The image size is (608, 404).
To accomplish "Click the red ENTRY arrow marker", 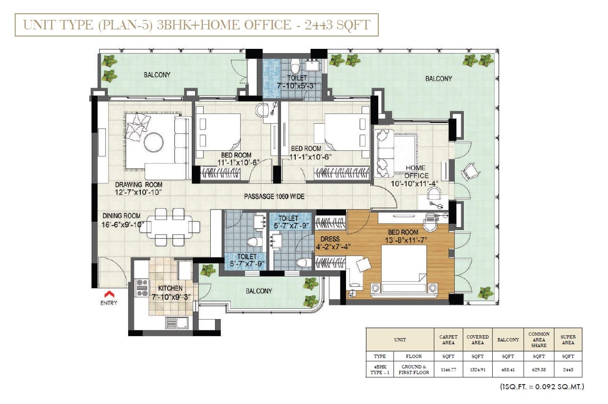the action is pos(109,294).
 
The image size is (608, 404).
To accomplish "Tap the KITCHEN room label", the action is pos(170,288).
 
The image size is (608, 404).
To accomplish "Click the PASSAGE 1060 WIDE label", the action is pos(274,196).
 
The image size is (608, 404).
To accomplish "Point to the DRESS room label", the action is pos(330,239).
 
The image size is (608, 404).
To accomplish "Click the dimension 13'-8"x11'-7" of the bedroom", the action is pos(406,240).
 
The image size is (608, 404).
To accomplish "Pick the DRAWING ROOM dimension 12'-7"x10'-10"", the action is pos(138,192).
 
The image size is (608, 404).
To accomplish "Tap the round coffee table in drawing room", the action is pos(154,142).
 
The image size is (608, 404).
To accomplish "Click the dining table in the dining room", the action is pos(169,227).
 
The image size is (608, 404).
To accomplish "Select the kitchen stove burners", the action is pos(142,287).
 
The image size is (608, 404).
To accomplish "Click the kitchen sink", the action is pos(177,322).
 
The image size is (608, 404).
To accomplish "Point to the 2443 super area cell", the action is pos(568,369).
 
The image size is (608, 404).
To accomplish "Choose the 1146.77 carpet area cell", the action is pos(449,369).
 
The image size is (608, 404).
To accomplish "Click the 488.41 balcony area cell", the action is pos(508,369).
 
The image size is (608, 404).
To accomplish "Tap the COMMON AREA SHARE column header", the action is pos(539,340).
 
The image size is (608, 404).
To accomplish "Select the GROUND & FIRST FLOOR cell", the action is pos(414,369).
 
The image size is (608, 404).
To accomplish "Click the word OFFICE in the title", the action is pos(268,25).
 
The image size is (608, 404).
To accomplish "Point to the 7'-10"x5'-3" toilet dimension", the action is pos(296,86).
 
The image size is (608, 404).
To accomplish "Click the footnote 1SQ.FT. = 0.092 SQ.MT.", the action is pos(542,386).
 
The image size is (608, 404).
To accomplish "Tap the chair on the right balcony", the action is pos(470,171).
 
